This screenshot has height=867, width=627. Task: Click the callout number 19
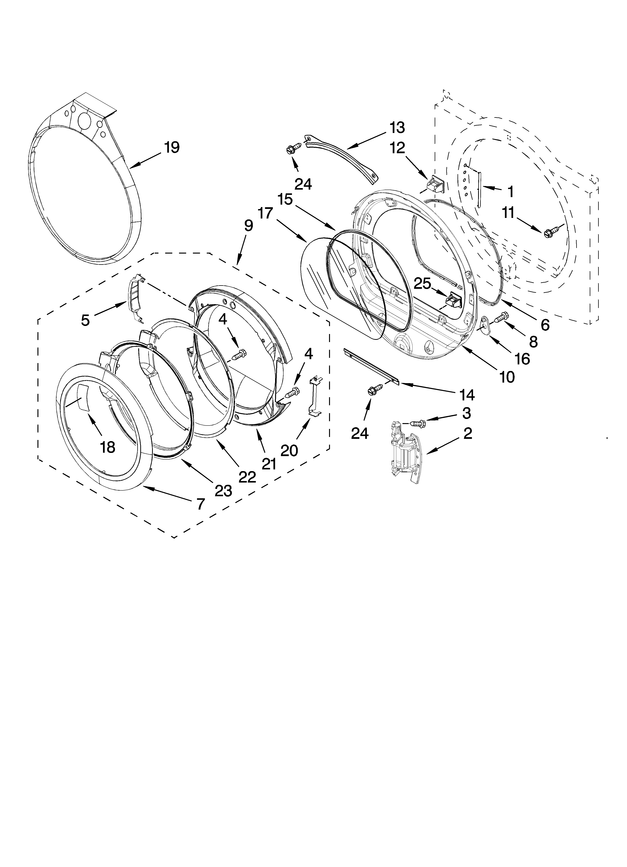pyautogui.click(x=172, y=147)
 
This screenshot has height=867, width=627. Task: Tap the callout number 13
pyautogui.click(x=397, y=128)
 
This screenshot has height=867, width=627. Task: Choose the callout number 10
pyautogui.click(x=507, y=377)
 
